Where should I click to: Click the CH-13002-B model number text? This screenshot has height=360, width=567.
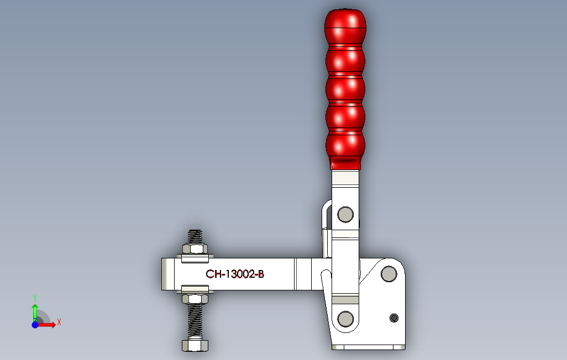tap(235, 274)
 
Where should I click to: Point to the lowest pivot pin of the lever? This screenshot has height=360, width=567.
tap(345, 319)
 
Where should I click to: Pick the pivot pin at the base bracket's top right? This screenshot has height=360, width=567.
tap(389, 273)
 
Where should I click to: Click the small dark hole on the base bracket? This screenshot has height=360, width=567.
tap(393, 317)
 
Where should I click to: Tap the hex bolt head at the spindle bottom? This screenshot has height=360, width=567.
tap(195, 345)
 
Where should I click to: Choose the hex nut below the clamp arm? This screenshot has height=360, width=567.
tap(195, 299)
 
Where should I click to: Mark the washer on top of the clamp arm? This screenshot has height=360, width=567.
tap(195, 257)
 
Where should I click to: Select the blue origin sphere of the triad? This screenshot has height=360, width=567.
tap(35, 325)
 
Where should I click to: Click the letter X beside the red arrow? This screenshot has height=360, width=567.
tap(59, 322)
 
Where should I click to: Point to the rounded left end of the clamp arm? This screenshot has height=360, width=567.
tap(165, 274)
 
